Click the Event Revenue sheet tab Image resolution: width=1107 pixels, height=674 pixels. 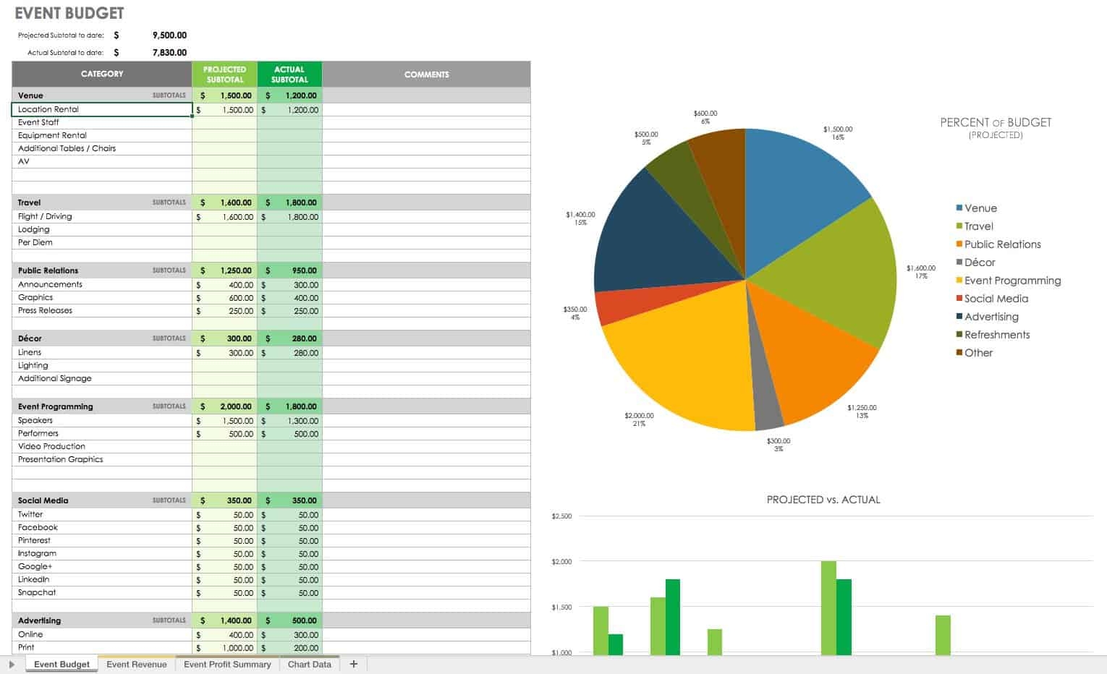point(136,664)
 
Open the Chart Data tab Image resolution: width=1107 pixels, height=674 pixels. point(309,664)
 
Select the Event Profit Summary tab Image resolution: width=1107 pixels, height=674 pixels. point(227,664)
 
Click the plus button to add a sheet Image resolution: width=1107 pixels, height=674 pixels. point(353,664)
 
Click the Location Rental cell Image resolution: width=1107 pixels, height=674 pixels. point(101,109)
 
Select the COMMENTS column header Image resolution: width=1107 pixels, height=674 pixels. point(426,74)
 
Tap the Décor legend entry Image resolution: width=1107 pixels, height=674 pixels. point(980,263)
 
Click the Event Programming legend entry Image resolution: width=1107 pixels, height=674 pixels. point(1011,281)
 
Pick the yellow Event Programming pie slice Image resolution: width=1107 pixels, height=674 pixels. point(680,362)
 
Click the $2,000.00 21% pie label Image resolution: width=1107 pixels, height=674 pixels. point(639,419)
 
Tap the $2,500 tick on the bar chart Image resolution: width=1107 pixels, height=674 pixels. point(561,516)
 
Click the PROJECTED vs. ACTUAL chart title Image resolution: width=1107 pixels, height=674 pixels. point(823,500)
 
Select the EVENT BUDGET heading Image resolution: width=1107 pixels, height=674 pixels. point(69,14)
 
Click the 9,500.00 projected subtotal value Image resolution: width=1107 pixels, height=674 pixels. point(169,35)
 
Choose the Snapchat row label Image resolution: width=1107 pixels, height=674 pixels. point(37,592)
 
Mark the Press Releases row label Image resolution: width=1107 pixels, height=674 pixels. point(45,310)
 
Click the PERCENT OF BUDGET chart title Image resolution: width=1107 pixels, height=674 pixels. point(996,123)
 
